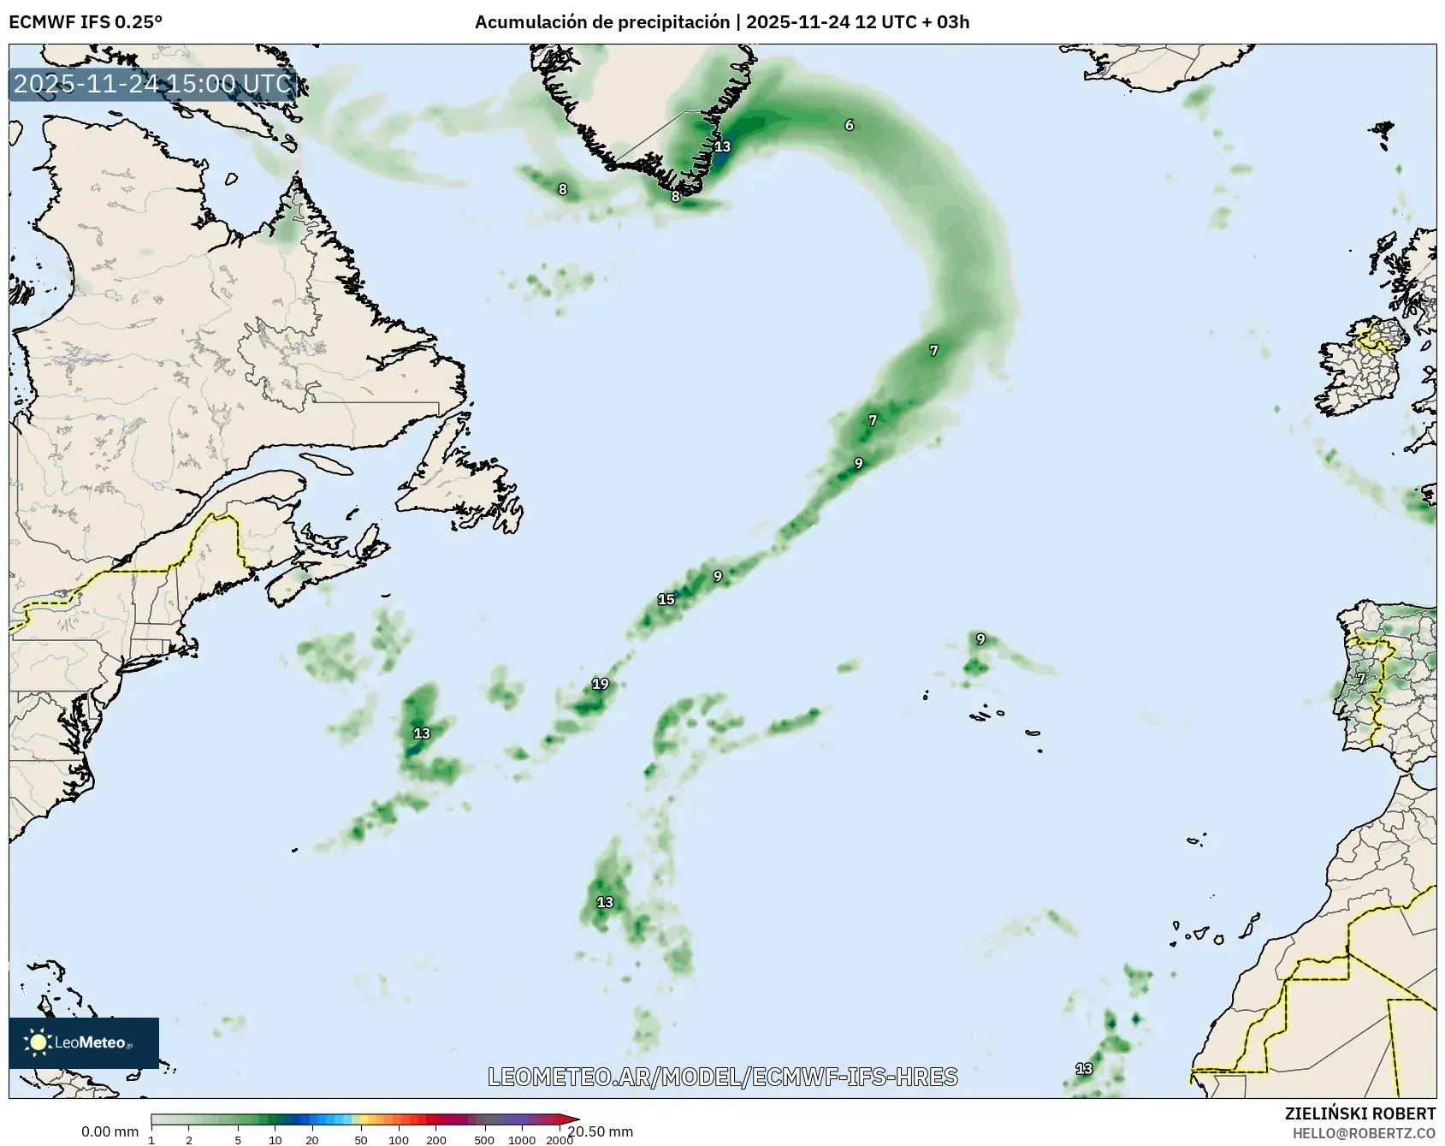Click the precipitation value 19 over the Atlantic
tap(601, 684)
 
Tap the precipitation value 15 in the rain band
tap(666, 599)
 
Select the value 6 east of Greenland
tap(850, 125)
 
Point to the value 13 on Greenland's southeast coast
tap(723, 146)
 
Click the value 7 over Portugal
tap(1361, 679)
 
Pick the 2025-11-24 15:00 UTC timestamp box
tap(153, 84)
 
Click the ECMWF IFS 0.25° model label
tap(86, 22)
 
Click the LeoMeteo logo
tap(84, 1042)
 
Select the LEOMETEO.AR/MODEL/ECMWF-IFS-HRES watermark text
tap(723, 1077)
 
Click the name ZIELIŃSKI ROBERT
tap(1360, 1113)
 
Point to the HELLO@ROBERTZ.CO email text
tap(1364, 1133)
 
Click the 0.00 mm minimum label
tap(110, 1132)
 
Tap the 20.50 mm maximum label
tap(601, 1131)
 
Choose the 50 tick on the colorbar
tap(361, 1140)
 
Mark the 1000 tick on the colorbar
tap(522, 1140)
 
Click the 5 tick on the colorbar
tap(238, 1140)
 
